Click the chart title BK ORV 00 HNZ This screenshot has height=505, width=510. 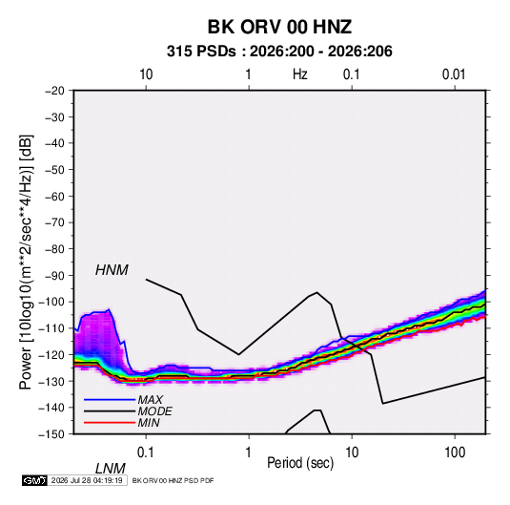pos(279,27)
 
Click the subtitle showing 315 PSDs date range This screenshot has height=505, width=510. pos(279,52)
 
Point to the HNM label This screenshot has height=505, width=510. pos(112,270)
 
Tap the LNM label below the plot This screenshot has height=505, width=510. pos(110,469)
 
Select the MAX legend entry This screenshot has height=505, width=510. pos(150,400)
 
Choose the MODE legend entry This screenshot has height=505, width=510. pos(154,411)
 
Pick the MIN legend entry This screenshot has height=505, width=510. pos(149,423)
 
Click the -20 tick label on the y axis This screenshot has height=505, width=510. pos(54,91)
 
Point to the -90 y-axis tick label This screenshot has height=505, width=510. pos(54,276)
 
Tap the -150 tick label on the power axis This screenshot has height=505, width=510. pos(52,434)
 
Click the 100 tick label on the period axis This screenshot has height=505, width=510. pos(455,452)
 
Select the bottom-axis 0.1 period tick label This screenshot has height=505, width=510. pos(146,452)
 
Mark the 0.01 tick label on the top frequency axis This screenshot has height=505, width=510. pos(454,74)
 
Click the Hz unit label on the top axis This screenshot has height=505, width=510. pos(300,74)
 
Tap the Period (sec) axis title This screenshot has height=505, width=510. pos(300,463)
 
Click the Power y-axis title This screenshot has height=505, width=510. pos(26,262)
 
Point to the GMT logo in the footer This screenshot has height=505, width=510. pos(35,480)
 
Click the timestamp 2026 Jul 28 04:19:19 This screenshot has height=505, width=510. pos(87,480)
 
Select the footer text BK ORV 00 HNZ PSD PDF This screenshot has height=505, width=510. pos(173,480)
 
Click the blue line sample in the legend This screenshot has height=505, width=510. pos(110,400)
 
